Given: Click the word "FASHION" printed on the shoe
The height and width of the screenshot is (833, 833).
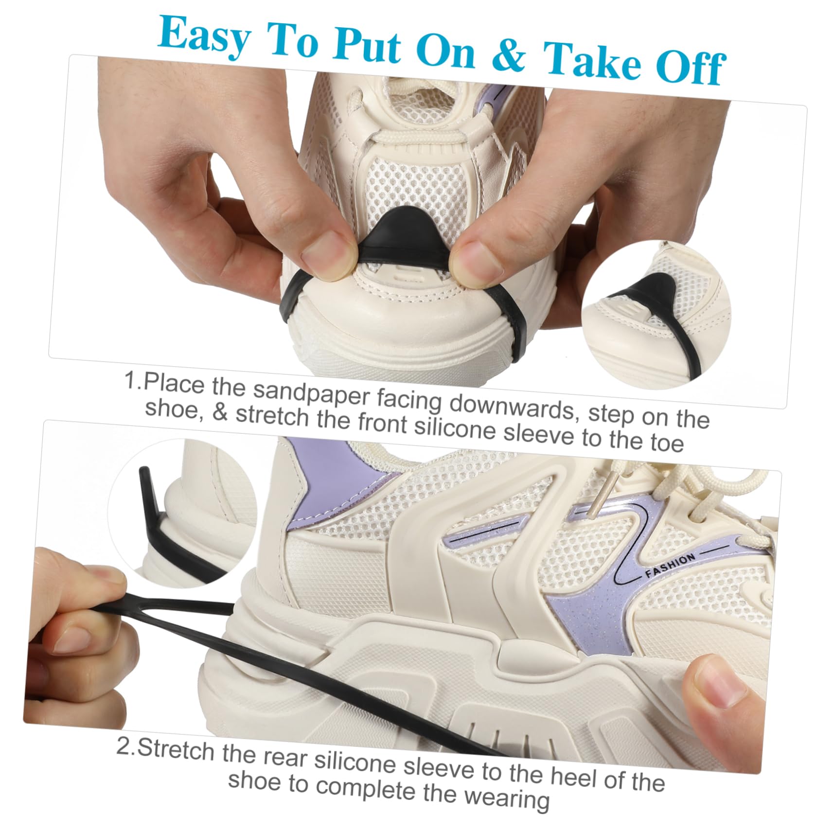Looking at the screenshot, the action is [670, 566].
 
